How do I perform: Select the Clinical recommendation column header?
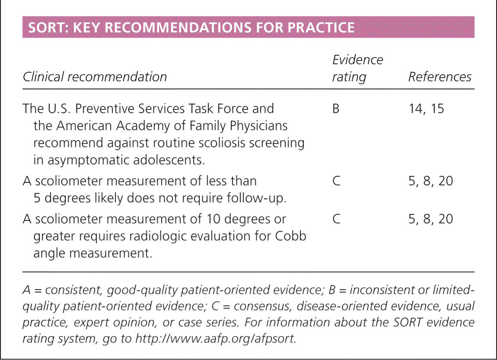[95, 77]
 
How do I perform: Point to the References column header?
[440, 77]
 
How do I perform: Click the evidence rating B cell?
[335, 108]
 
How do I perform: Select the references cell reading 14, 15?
[426, 108]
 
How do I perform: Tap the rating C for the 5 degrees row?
[336, 181]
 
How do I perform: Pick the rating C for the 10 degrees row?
[336, 219]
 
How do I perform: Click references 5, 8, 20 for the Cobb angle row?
[431, 219]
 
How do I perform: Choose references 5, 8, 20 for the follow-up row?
[431, 181]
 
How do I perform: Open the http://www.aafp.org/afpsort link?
[216, 338]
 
